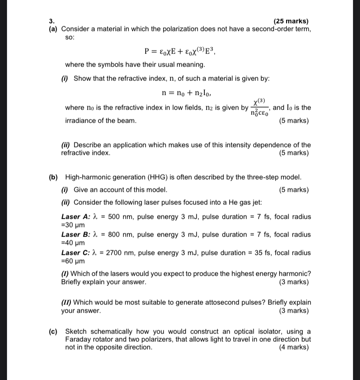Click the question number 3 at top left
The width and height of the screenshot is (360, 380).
[51, 21]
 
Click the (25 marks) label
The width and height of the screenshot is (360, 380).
[291, 21]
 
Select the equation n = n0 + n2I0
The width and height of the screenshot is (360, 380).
[186, 93]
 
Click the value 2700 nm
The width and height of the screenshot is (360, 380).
[114, 253]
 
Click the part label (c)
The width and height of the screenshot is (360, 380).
[53, 331]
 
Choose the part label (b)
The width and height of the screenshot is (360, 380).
[53, 177]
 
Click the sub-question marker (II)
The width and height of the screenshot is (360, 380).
[68, 303]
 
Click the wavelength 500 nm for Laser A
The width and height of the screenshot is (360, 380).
[113, 217]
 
